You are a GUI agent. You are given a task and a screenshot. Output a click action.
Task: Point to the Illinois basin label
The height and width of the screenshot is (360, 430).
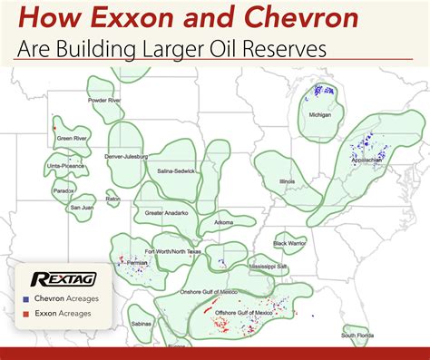(287, 180)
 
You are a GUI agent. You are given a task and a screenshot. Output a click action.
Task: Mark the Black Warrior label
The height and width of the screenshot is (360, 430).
(291, 242)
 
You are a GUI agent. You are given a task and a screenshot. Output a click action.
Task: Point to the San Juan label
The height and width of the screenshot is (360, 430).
(83, 208)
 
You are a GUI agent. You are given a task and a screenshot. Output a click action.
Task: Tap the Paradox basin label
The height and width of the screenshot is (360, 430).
(64, 190)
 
